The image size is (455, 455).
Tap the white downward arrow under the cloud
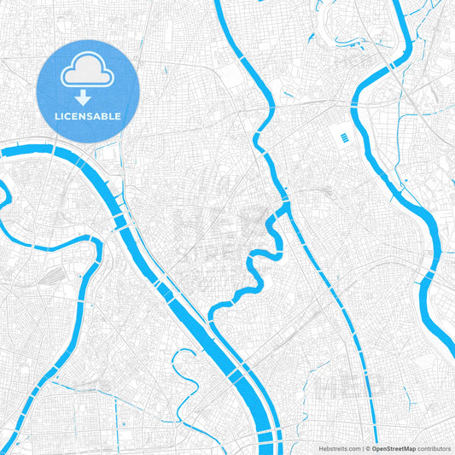(x=88, y=98)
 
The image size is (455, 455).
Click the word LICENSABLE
(x=88, y=116)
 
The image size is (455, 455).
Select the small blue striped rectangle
(x=343, y=137)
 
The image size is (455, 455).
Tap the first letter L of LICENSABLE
(x=55, y=116)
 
